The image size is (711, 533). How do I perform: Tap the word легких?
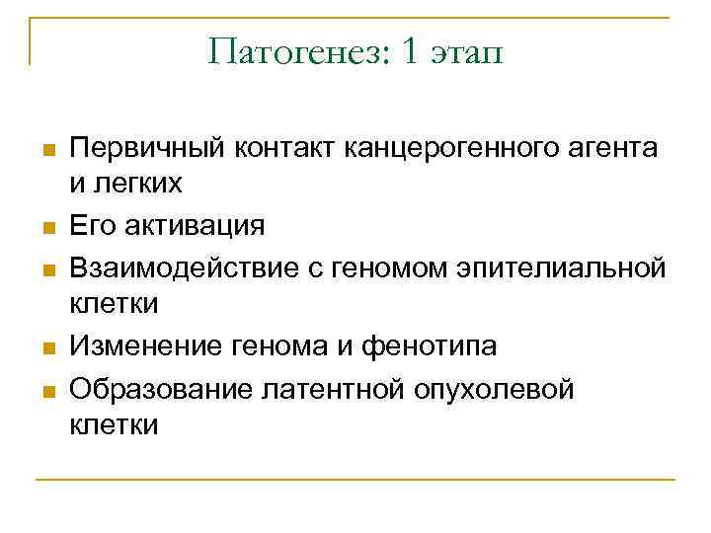coord(140,185)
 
